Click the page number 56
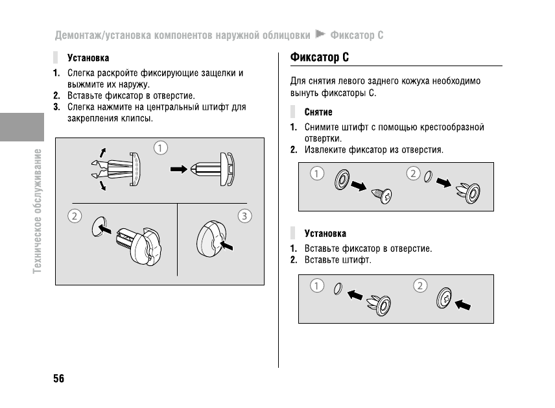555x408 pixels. (x=58, y=379)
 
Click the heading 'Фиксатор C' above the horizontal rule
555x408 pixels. (x=320, y=57)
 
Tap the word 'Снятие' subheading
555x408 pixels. (x=318, y=112)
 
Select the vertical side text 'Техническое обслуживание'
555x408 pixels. (x=38, y=210)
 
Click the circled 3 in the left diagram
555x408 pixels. (x=244, y=216)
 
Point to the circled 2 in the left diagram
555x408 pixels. (x=75, y=216)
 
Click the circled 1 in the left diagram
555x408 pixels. (x=160, y=148)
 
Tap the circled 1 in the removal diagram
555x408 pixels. (x=316, y=173)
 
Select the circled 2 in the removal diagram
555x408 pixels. (x=413, y=173)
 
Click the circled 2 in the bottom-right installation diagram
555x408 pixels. (x=420, y=285)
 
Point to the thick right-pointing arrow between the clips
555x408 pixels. (x=179, y=169)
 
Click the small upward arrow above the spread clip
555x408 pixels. (x=101, y=152)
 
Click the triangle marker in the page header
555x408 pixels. (x=319, y=33)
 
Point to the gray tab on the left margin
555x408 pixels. (x=21, y=126)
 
